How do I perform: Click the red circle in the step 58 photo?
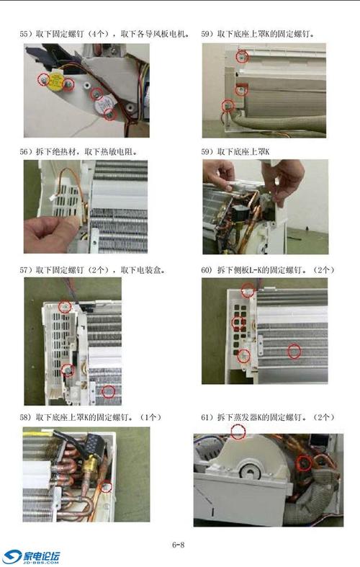tap(107, 486)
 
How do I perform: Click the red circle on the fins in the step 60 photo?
tap(293, 351)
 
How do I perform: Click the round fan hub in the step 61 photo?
tap(251, 473)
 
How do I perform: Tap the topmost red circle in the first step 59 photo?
tap(243, 57)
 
